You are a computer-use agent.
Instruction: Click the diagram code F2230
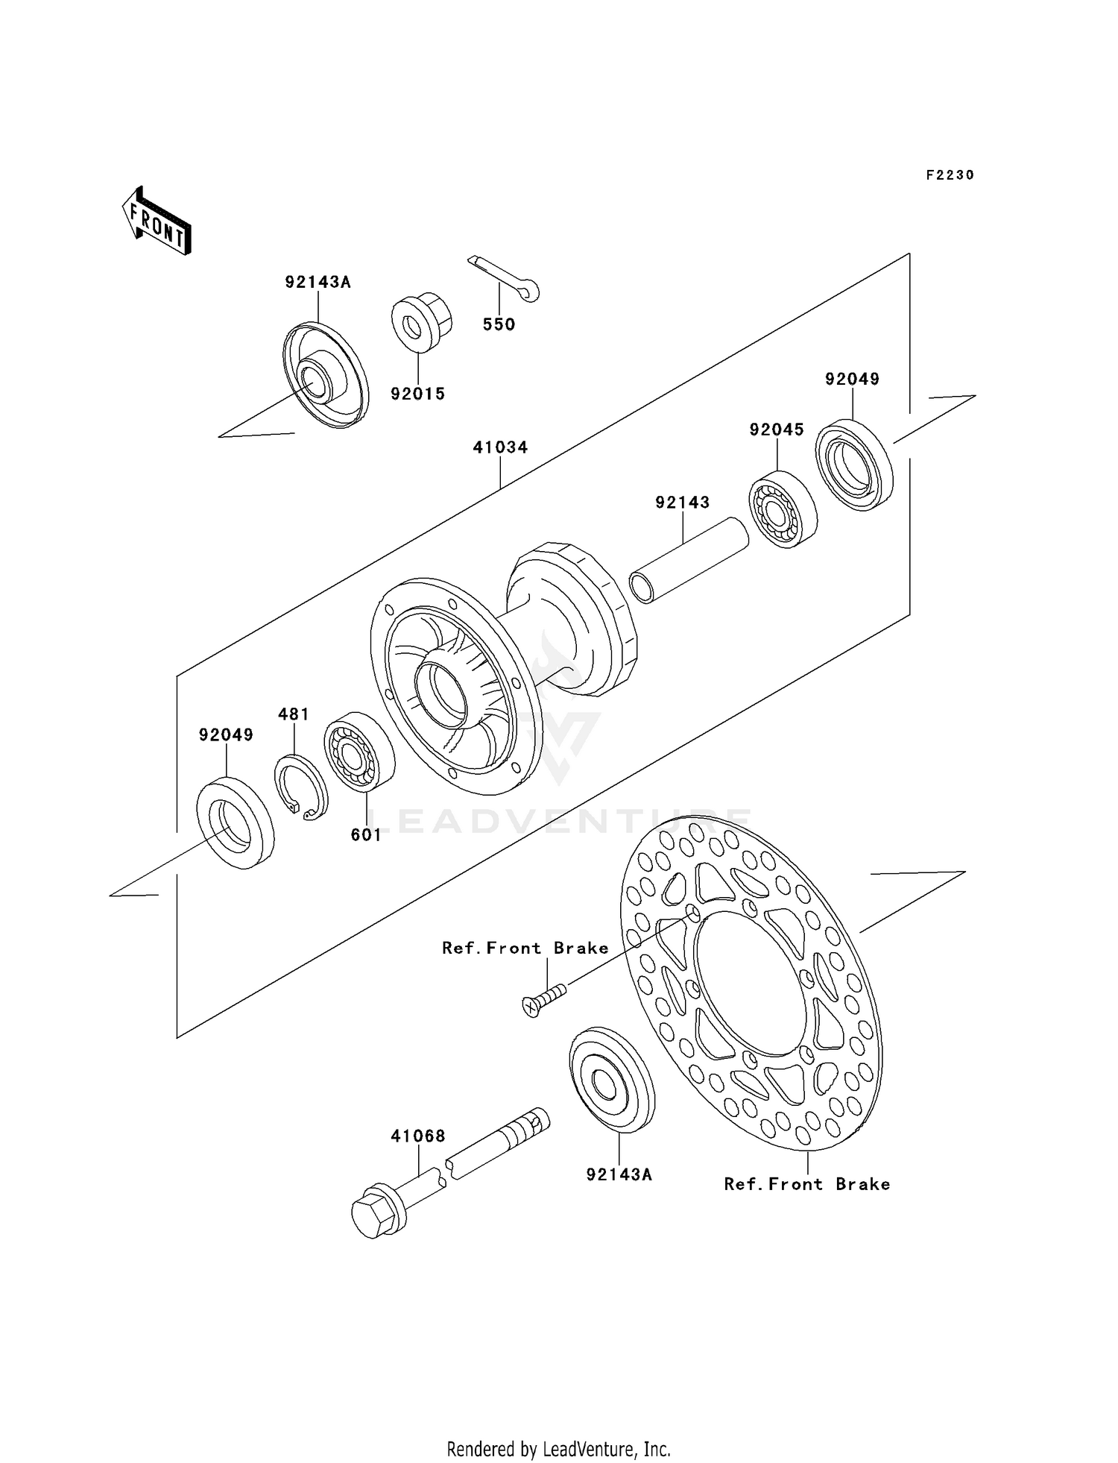pyautogui.click(x=950, y=175)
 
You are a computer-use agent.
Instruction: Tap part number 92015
pyautogui.click(x=417, y=394)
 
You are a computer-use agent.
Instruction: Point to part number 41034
pyautogui.click(x=500, y=447)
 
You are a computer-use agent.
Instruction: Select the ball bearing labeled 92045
pyautogui.click(x=782, y=509)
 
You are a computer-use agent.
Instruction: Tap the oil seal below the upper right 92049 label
pyautogui.click(x=853, y=465)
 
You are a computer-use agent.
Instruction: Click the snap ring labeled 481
pyautogui.click(x=300, y=788)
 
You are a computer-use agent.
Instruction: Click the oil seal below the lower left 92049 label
pyautogui.click(x=234, y=821)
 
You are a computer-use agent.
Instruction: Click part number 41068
pyautogui.click(x=418, y=1136)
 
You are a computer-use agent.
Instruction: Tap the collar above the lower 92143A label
pyautogui.click(x=611, y=1079)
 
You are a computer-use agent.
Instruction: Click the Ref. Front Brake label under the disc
pyautogui.click(x=807, y=1184)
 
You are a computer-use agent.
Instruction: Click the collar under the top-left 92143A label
pyautogui.click(x=326, y=375)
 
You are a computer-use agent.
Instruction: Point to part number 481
pyautogui.click(x=294, y=714)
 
